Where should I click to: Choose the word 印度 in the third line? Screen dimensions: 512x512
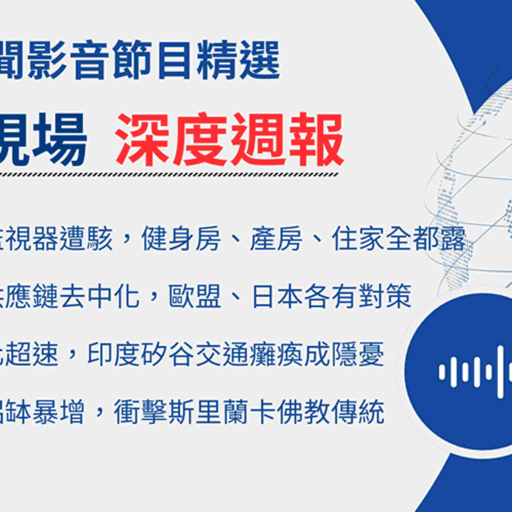pyautogui.click(x=114, y=354)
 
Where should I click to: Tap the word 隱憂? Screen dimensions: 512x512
pyautogui.click(x=358, y=354)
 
